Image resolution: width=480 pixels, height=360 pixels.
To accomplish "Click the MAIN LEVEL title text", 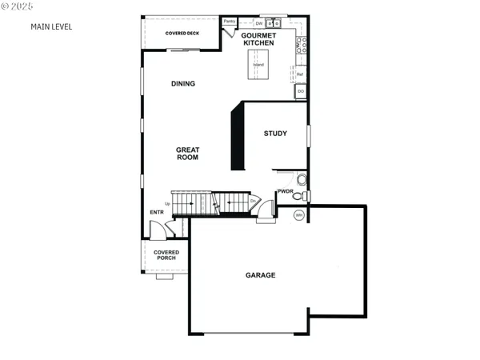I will (51, 26).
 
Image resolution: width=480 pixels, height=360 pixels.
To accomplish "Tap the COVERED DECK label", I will (182, 33).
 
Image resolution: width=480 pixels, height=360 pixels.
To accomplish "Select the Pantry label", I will (230, 22).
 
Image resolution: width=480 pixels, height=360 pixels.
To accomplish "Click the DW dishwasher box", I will (259, 23).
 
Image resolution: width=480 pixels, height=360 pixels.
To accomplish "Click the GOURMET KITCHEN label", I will (259, 38).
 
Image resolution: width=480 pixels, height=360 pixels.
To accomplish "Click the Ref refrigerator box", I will (300, 74).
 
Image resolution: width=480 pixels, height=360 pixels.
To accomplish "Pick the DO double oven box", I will (301, 92).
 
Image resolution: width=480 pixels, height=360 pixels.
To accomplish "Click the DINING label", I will (183, 84).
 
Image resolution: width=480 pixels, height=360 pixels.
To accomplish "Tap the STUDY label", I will (275, 134).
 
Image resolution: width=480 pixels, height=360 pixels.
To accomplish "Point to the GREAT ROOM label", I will (187, 154).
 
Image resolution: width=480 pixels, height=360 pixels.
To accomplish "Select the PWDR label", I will (286, 191).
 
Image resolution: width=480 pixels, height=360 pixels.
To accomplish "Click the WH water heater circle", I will (299, 215).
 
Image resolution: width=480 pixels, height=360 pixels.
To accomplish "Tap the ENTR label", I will (156, 212).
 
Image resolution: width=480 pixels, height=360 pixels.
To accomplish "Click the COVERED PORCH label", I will (166, 255).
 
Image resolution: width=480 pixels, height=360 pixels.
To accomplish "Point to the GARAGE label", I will (260, 275).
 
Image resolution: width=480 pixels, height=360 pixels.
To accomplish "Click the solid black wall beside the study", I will (237, 138).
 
